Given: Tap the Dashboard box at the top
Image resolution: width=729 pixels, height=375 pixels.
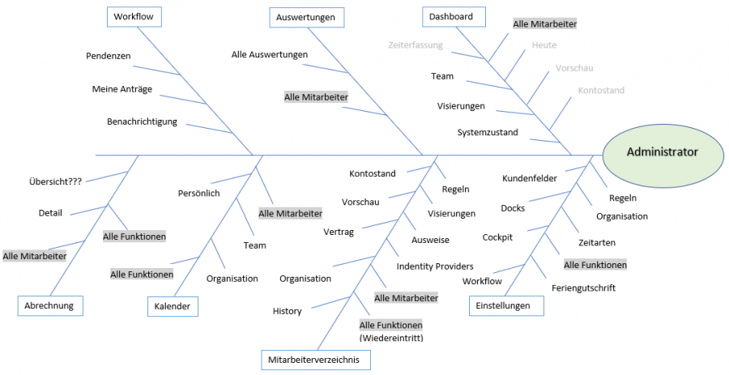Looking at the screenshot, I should click(452, 16).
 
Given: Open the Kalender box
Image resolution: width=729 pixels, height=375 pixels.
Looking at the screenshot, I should click(173, 306).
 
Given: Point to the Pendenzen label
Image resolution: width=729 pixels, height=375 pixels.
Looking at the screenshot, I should click(109, 56).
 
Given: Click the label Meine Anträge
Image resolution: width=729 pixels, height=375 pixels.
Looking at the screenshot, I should click(122, 89).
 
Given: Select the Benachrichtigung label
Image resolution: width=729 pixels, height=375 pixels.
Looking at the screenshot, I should click(142, 121).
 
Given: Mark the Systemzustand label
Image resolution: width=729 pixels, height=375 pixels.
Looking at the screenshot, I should click(488, 132).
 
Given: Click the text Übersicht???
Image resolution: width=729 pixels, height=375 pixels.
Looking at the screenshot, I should click(55, 181).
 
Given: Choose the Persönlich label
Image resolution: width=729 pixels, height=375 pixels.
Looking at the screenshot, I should click(199, 193).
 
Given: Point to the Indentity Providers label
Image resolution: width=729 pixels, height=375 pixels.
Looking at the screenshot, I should click(435, 266).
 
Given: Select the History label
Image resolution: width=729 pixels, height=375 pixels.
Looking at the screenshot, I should click(287, 311).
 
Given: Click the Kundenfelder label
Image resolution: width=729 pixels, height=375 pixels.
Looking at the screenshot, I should click(530, 178).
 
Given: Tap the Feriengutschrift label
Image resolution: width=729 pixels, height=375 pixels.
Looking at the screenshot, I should click(584, 288).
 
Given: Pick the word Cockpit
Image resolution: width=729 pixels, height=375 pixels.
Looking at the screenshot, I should click(497, 237).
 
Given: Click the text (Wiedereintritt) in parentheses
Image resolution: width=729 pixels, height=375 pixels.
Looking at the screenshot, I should click(391, 338).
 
